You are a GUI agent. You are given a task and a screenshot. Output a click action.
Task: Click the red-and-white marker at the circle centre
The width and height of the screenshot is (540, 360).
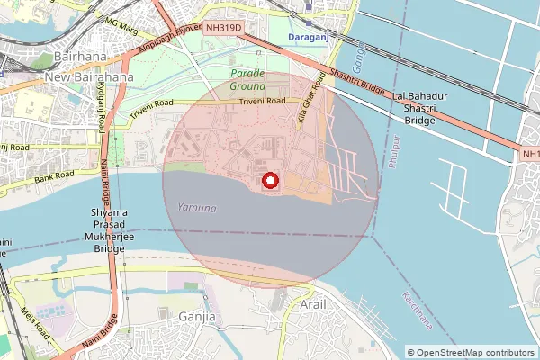[x=271, y=181]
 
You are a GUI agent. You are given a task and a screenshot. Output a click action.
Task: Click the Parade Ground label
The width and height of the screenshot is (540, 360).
[x=247, y=80]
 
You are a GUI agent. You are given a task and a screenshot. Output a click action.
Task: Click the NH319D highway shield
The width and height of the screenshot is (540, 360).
[x=223, y=29]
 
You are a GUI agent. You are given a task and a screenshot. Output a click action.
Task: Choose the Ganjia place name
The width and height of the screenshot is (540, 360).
[x=196, y=318]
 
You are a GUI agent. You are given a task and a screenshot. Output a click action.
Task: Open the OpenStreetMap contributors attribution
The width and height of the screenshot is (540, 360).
[x=472, y=352]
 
